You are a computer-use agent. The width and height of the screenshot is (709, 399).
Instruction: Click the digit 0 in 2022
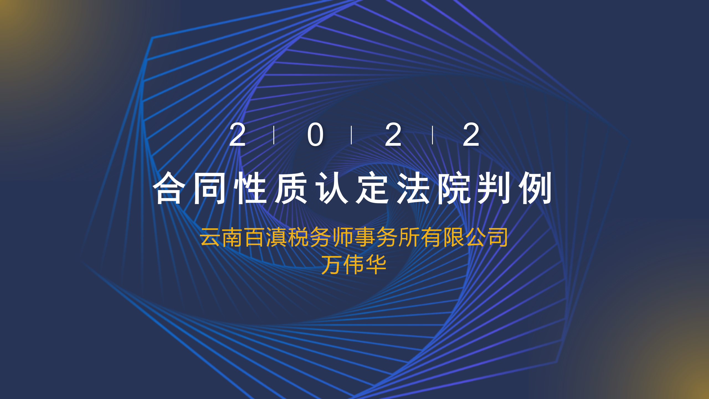315,135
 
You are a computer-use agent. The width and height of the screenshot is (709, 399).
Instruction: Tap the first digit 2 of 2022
237,135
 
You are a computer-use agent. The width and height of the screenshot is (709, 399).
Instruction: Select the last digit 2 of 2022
471,135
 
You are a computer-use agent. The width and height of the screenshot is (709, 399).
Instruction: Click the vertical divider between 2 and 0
274,135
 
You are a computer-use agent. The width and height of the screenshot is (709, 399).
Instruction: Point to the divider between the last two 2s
433,135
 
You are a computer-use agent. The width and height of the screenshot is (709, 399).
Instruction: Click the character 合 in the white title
169,188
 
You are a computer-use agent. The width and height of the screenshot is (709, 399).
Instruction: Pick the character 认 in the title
332,188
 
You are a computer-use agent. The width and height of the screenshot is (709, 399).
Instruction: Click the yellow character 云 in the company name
210,237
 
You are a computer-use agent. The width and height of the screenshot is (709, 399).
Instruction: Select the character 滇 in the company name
277,237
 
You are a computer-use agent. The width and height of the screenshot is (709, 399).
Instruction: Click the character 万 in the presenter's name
332,265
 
